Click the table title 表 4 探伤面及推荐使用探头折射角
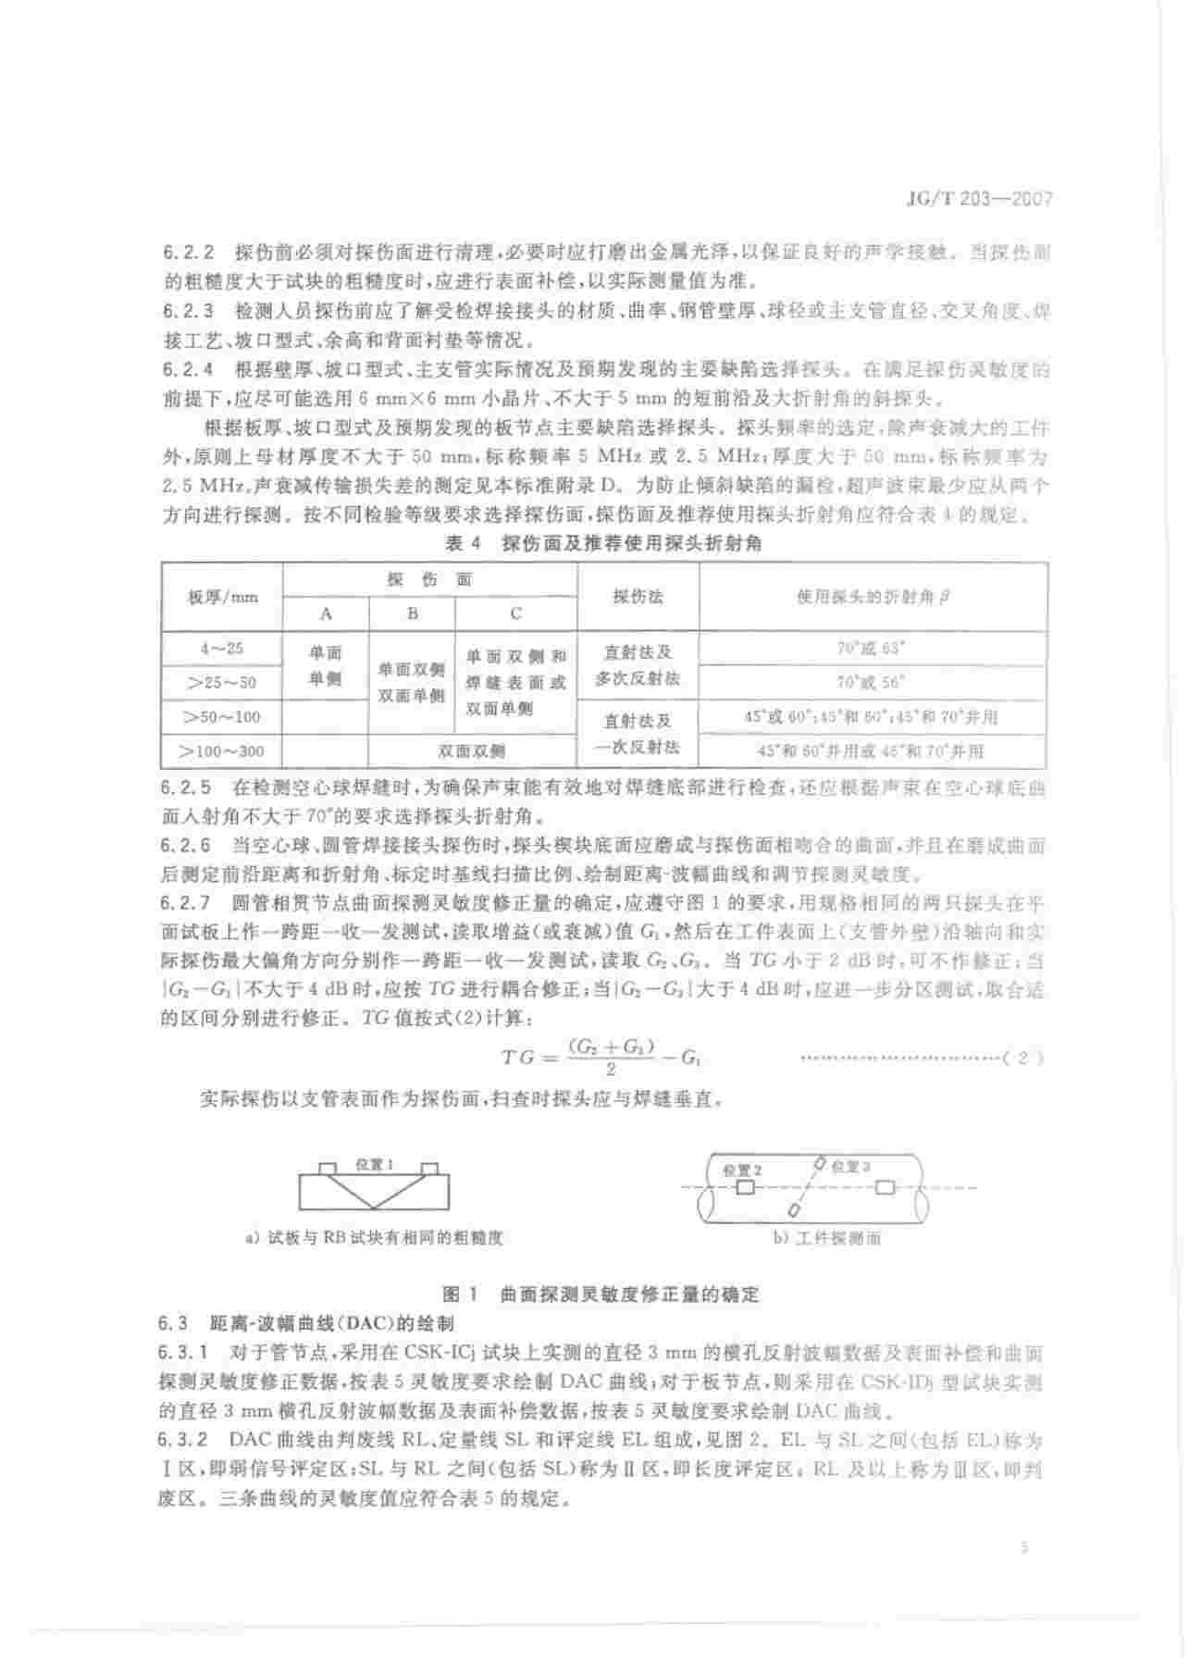pos(603,543)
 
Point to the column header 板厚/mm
pos(222,597)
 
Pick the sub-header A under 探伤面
pos(326,613)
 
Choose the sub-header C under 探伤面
pos(515,613)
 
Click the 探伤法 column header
pos(638,597)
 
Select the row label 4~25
pos(222,649)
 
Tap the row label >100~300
pos(222,751)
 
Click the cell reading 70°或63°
pos(872,649)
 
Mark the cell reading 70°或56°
pos(872,683)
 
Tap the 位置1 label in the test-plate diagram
pos(375,1165)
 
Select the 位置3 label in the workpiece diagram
pos(850,1167)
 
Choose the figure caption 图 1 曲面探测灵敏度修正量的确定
pos(601,1293)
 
